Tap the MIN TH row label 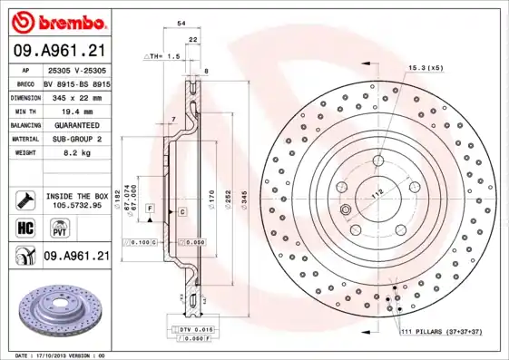tap(24, 110)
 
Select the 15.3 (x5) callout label tap(426, 69)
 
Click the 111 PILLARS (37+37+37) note tap(441, 333)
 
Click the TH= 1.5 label tap(163, 56)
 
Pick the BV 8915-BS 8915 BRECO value tap(76, 82)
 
